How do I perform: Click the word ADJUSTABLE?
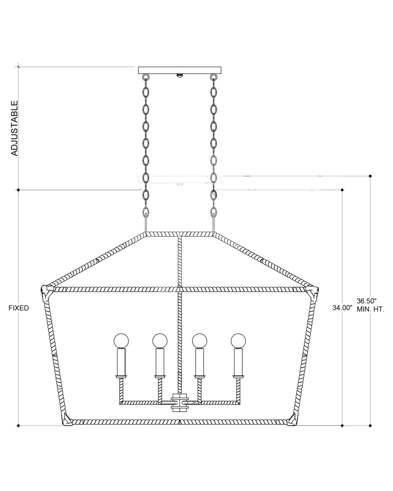coord(14,128)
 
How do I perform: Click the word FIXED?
coord(19,308)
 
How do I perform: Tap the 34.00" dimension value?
coord(342,308)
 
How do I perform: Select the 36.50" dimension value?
coord(366,301)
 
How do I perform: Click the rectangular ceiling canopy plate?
coord(180,70)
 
